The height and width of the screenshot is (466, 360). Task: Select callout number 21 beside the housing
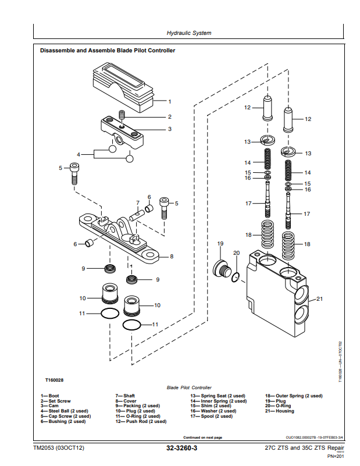[x=319, y=300]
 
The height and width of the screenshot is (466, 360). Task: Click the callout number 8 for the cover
[x=171, y=256]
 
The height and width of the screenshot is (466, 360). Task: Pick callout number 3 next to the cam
[x=170, y=129]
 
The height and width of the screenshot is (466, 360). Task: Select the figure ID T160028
[x=54, y=380]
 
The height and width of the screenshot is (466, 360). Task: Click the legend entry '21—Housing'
[x=280, y=411]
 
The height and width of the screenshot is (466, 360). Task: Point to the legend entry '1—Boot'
[x=49, y=396]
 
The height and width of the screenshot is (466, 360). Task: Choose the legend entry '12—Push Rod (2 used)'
[x=141, y=421]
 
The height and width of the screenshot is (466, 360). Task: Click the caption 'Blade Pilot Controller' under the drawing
[x=189, y=387]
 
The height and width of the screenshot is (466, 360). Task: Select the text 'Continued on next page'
[x=202, y=437]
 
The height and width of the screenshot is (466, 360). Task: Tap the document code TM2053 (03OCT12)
[x=59, y=449]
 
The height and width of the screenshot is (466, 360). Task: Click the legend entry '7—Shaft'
[x=125, y=396]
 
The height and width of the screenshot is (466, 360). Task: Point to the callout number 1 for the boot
[x=170, y=101]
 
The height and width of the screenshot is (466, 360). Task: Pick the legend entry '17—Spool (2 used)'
[x=213, y=417]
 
